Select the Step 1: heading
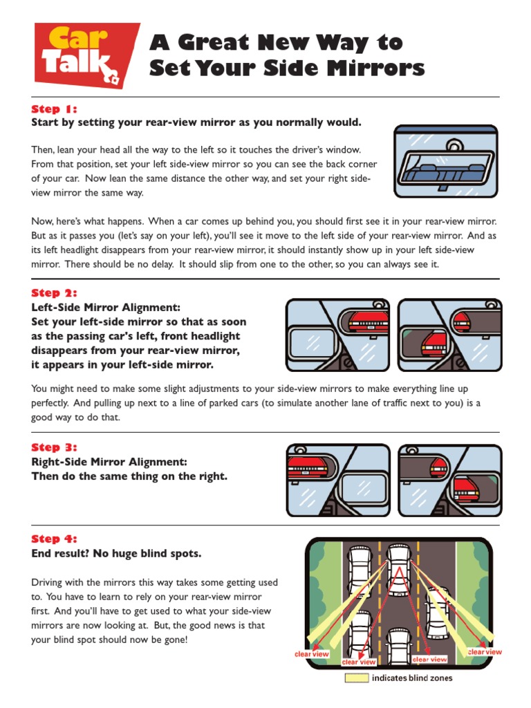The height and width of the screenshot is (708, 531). click(54, 109)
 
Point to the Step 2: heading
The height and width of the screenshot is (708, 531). click(54, 293)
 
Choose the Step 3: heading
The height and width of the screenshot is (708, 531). click(54, 447)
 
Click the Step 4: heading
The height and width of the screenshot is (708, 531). click(54, 539)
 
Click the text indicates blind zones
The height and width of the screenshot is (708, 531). click(412, 678)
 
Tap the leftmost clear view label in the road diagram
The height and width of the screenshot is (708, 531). click(312, 653)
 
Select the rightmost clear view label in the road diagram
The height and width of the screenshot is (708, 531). click(485, 651)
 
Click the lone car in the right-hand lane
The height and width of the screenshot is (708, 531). click(436, 613)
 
